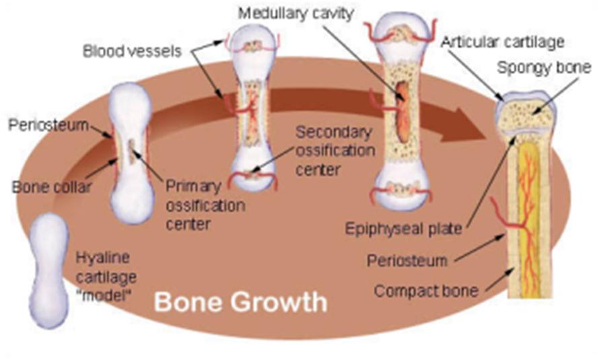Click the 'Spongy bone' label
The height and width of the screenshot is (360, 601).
click(544, 67)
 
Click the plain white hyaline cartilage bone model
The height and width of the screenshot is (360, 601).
click(49, 269)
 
